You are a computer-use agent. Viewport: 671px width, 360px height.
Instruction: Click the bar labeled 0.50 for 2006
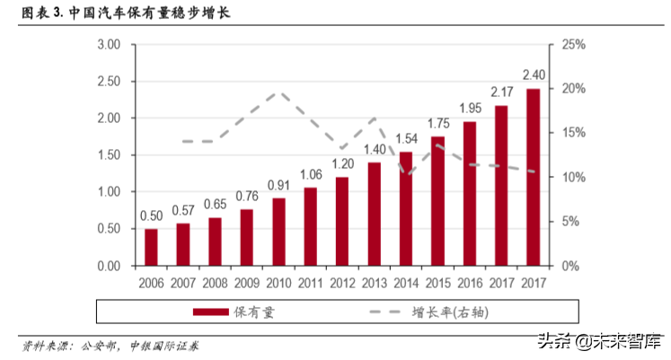151,248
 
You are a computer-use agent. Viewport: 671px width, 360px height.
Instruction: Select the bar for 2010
278,233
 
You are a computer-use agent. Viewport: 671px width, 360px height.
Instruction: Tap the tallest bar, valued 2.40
533,178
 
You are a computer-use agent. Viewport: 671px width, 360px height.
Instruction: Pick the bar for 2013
374,215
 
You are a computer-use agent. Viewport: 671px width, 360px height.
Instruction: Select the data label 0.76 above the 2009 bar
247,197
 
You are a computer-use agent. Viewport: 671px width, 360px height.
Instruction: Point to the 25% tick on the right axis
571,44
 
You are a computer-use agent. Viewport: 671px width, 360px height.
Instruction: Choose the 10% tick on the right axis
571,177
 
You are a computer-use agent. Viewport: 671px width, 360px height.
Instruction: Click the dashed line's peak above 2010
278,92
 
